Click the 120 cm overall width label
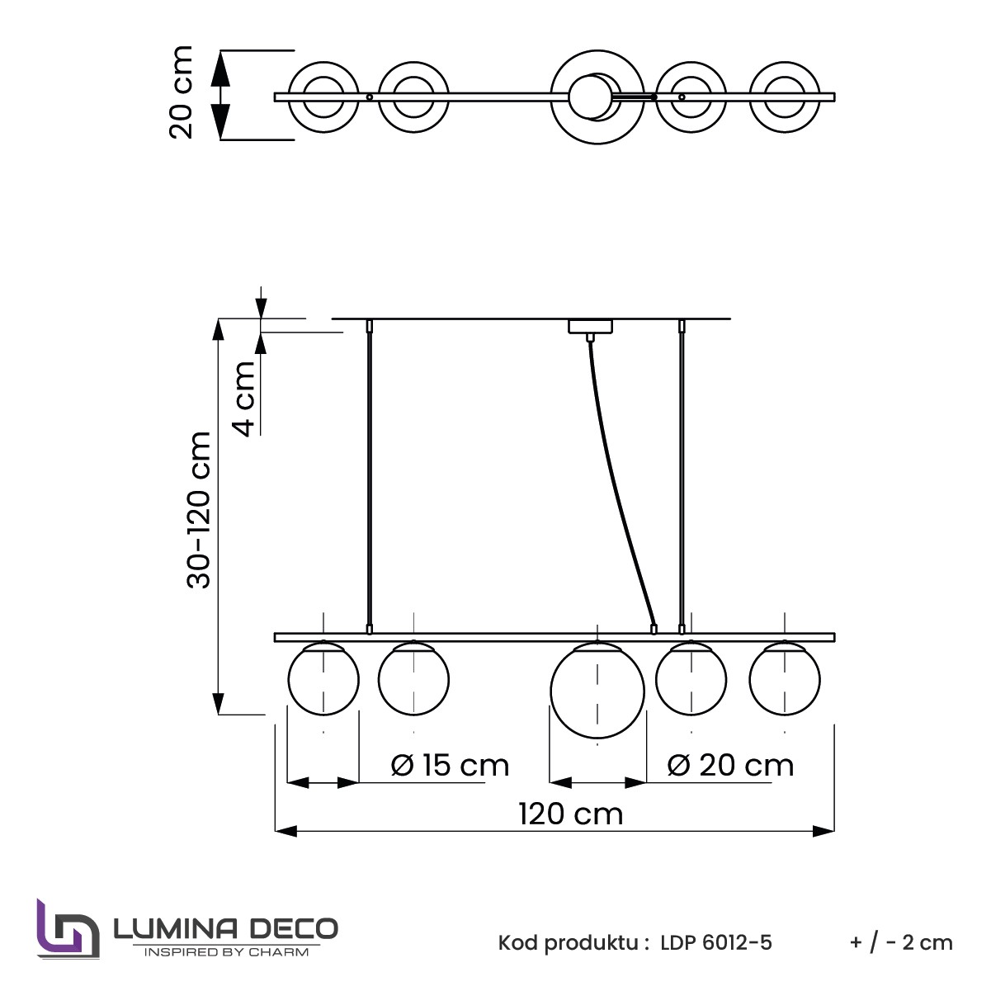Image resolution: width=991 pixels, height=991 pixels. click(x=570, y=814)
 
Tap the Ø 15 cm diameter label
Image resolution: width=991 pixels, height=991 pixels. click(x=450, y=766)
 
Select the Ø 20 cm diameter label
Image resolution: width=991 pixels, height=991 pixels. click(x=730, y=766)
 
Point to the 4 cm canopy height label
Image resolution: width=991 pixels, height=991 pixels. click(x=245, y=399)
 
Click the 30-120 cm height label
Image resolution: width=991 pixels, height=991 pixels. click(x=199, y=510)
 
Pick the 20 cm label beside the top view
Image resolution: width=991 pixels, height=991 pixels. click(x=181, y=92)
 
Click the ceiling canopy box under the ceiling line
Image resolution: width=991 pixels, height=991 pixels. click(x=590, y=327)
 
